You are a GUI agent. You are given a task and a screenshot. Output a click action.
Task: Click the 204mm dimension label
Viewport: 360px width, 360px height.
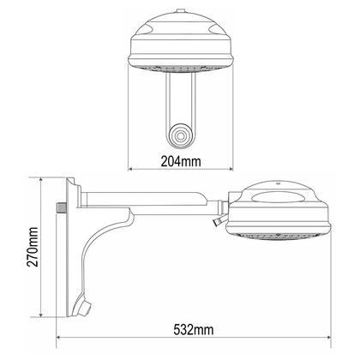coord(181,161)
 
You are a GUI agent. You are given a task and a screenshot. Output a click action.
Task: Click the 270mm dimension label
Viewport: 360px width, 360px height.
coord(33,247)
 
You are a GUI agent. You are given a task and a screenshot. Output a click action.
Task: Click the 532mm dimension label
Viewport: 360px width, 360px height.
coord(194,330)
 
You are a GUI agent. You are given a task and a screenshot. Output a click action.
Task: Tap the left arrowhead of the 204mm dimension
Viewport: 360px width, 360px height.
coord(130,169)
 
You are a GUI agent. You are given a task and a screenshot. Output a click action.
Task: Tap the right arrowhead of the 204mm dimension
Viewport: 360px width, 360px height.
coord(231,169)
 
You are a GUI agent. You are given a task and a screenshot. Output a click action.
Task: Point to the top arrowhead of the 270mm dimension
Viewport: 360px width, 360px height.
coord(41,180)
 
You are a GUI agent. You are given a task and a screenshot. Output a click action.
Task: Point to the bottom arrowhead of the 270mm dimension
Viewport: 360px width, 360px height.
coord(41,315)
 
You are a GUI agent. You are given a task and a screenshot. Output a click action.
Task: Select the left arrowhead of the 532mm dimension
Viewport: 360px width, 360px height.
coord(58,338)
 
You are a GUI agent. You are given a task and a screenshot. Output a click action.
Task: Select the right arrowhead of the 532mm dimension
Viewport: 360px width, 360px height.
coord(328,338)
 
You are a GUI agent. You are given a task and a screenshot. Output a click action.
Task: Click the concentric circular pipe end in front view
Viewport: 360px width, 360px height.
coord(181,136)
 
